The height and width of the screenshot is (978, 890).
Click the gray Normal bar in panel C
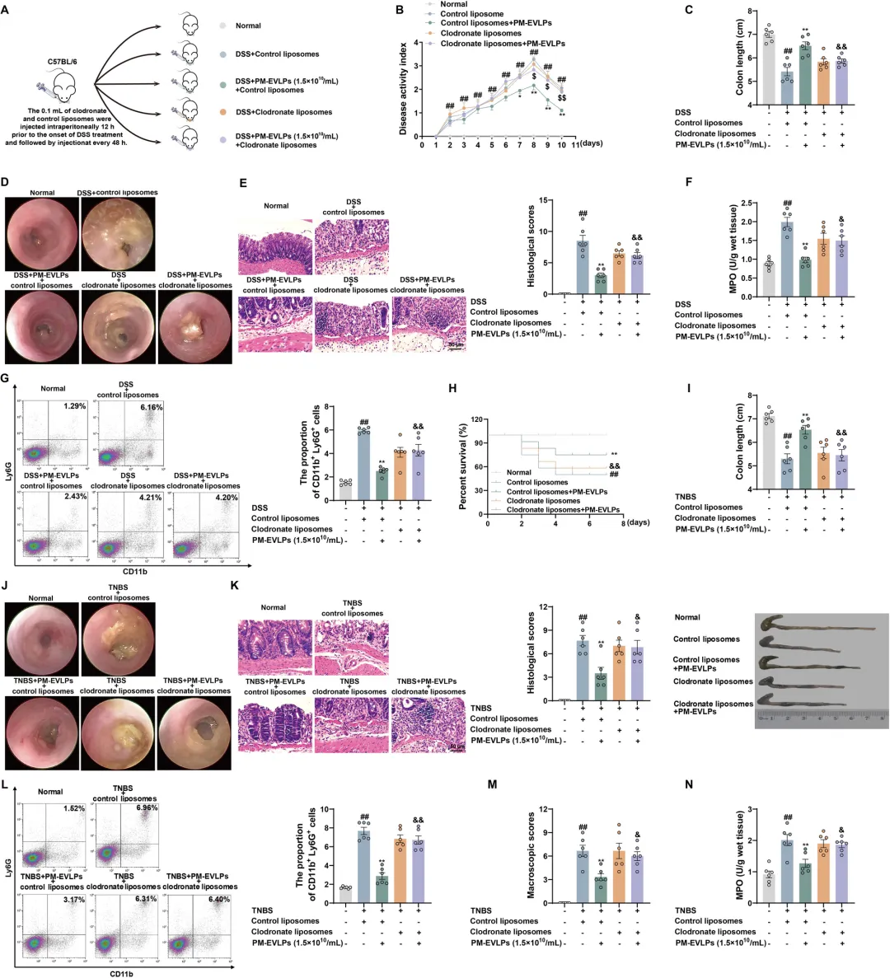click(x=768, y=69)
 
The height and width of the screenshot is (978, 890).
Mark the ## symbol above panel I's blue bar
click(x=788, y=437)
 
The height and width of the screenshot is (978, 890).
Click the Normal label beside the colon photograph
click(x=687, y=617)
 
